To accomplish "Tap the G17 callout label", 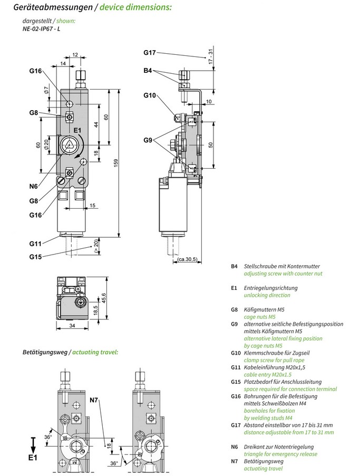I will [x=150, y=52].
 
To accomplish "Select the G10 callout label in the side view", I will [x=150, y=95].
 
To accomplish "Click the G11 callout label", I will [x=35, y=243].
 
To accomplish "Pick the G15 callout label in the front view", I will [x=35, y=257].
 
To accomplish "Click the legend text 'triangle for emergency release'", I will [x=281, y=454].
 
